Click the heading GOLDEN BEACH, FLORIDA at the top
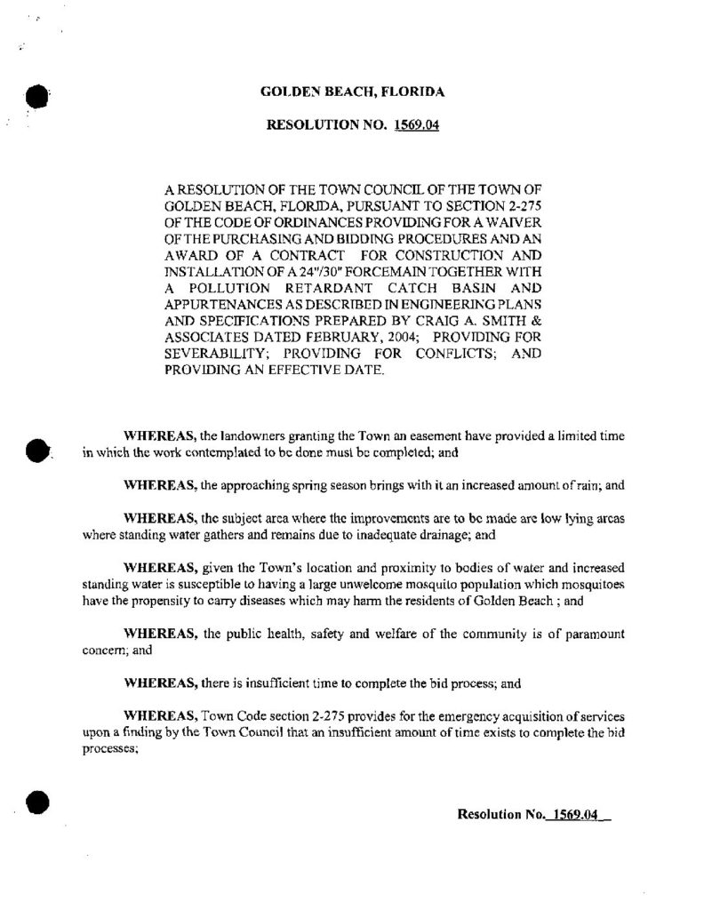click(352, 92)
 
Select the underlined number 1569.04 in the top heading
click(414, 125)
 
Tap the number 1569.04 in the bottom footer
click(572, 813)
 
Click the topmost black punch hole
click(36, 95)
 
